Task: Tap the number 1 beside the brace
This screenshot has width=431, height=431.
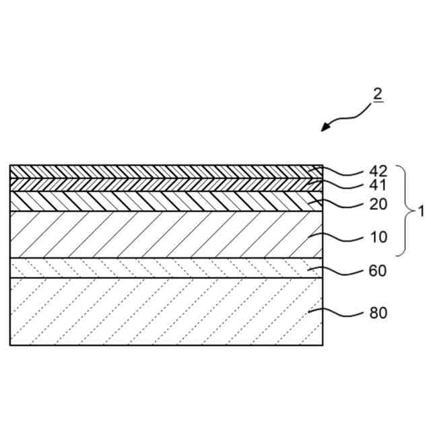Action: (422, 211)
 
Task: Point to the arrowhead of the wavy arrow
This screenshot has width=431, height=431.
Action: (325, 129)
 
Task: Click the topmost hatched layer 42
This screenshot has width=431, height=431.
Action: (162, 171)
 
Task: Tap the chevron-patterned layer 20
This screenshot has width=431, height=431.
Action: (162, 201)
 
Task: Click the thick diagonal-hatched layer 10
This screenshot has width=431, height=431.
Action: (162, 234)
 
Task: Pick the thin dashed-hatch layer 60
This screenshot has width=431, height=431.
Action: (162, 268)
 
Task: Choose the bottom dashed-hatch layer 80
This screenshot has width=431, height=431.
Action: (162, 311)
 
